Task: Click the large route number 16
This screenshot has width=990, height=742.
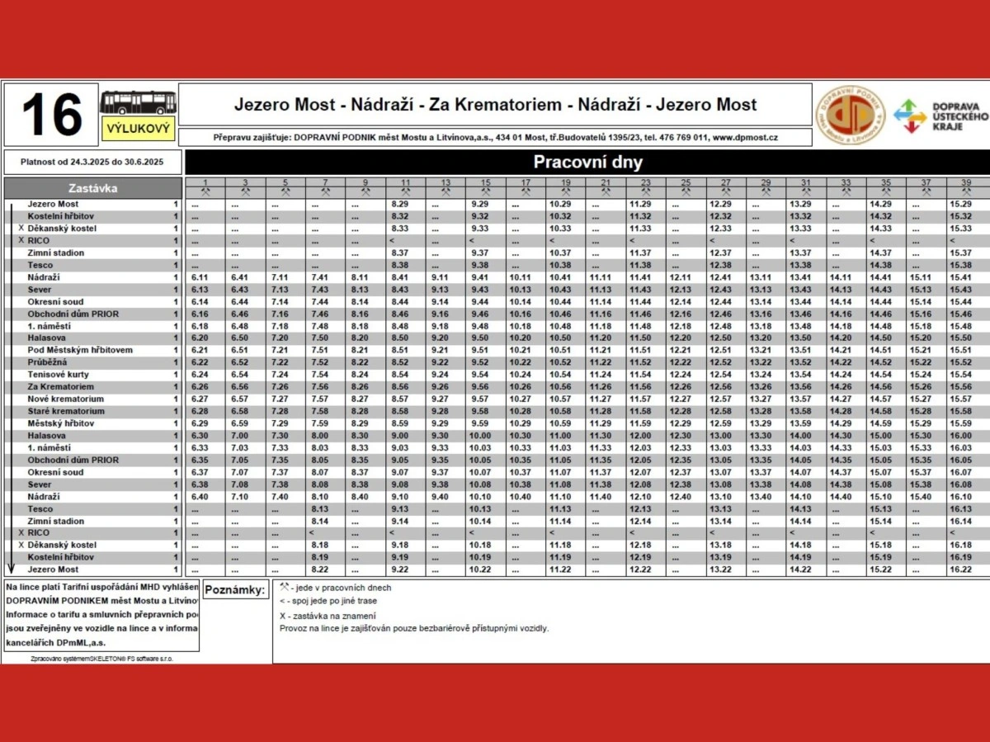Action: tap(51, 115)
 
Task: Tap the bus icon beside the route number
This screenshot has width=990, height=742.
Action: tap(138, 102)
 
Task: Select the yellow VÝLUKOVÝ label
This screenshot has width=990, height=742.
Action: tap(139, 128)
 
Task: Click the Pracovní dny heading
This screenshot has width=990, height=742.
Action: tap(587, 162)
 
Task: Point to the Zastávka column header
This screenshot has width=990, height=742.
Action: tap(92, 188)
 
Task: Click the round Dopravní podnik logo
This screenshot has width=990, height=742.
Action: tap(850, 116)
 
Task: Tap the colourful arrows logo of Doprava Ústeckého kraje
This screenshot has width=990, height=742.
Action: tap(910, 116)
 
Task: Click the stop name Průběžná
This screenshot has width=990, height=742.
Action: tap(47, 362)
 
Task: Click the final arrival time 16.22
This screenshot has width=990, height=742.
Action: tap(960, 570)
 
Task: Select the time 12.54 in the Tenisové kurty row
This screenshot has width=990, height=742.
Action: tap(720, 375)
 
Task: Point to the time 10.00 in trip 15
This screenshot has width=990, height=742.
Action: tap(480, 436)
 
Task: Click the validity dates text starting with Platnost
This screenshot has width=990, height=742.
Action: tap(92, 162)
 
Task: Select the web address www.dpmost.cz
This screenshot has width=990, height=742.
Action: tap(745, 138)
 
